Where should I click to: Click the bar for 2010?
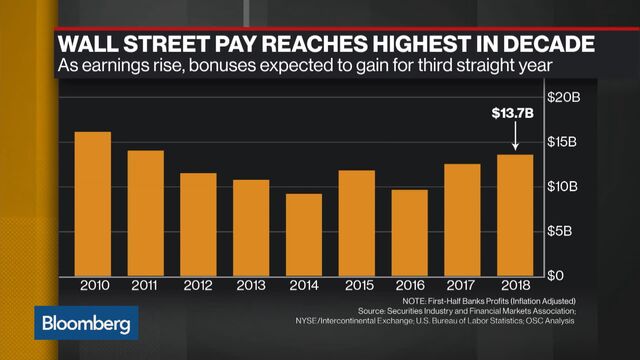(x=93, y=204)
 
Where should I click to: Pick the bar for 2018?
(x=514, y=214)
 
